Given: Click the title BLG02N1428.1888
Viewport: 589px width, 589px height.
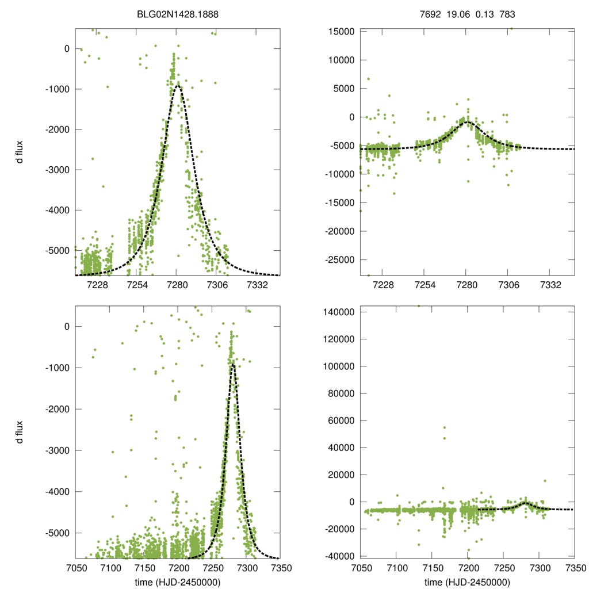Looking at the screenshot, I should pyautogui.click(x=178, y=16).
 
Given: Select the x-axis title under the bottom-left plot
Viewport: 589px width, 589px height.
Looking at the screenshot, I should pyautogui.click(x=178, y=583).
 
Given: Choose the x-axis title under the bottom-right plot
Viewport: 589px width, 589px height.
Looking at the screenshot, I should pyautogui.click(x=467, y=583).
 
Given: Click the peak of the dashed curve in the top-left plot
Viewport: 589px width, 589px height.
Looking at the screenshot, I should pyautogui.click(x=178, y=86).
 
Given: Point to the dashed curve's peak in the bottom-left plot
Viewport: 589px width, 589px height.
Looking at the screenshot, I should pyautogui.click(x=233, y=364).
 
